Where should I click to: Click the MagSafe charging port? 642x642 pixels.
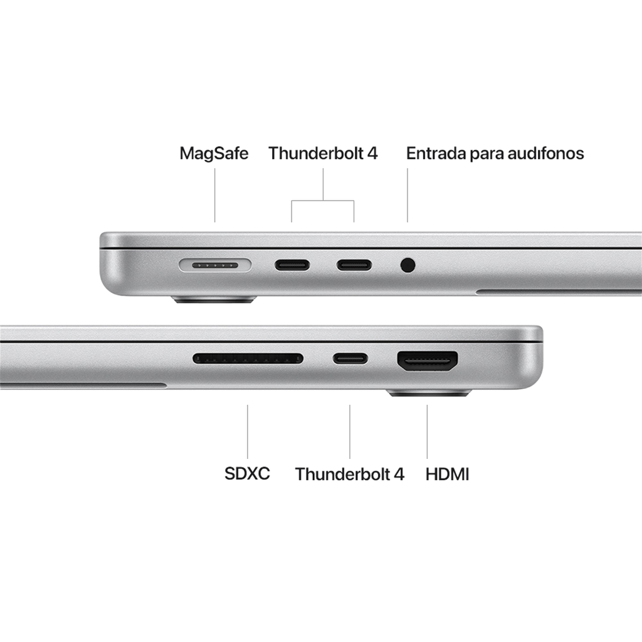[215, 265]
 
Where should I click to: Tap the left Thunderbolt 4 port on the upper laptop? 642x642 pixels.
[292, 265]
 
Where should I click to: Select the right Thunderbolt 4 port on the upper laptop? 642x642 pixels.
[354, 265]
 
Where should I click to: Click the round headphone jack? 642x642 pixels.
[408, 265]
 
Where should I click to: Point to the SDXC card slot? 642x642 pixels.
[248, 359]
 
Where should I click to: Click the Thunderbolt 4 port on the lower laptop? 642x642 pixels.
[350, 359]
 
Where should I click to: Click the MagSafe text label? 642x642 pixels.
[214, 154]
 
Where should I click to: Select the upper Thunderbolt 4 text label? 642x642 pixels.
[324, 154]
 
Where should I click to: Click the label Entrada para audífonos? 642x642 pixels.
[495, 154]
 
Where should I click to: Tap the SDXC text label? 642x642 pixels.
[248, 473]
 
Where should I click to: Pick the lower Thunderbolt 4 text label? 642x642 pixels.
[350, 474]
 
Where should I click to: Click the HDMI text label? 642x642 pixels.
[448, 473]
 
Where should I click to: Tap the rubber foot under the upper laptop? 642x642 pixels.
[214, 300]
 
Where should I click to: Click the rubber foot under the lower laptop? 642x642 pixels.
[429, 394]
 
